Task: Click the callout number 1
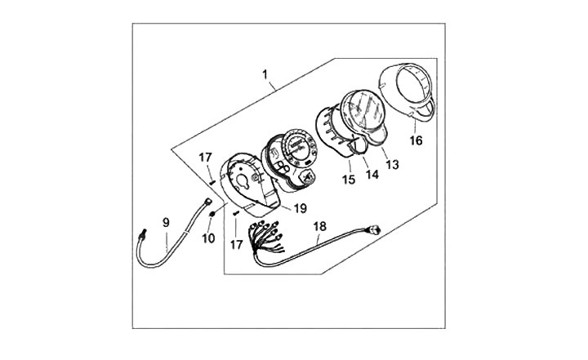tap(265, 76)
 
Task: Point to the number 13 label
tap(392, 165)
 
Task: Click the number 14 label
tap(367, 172)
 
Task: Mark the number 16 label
tap(416, 140)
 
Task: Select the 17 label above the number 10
tap(206, 157)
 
